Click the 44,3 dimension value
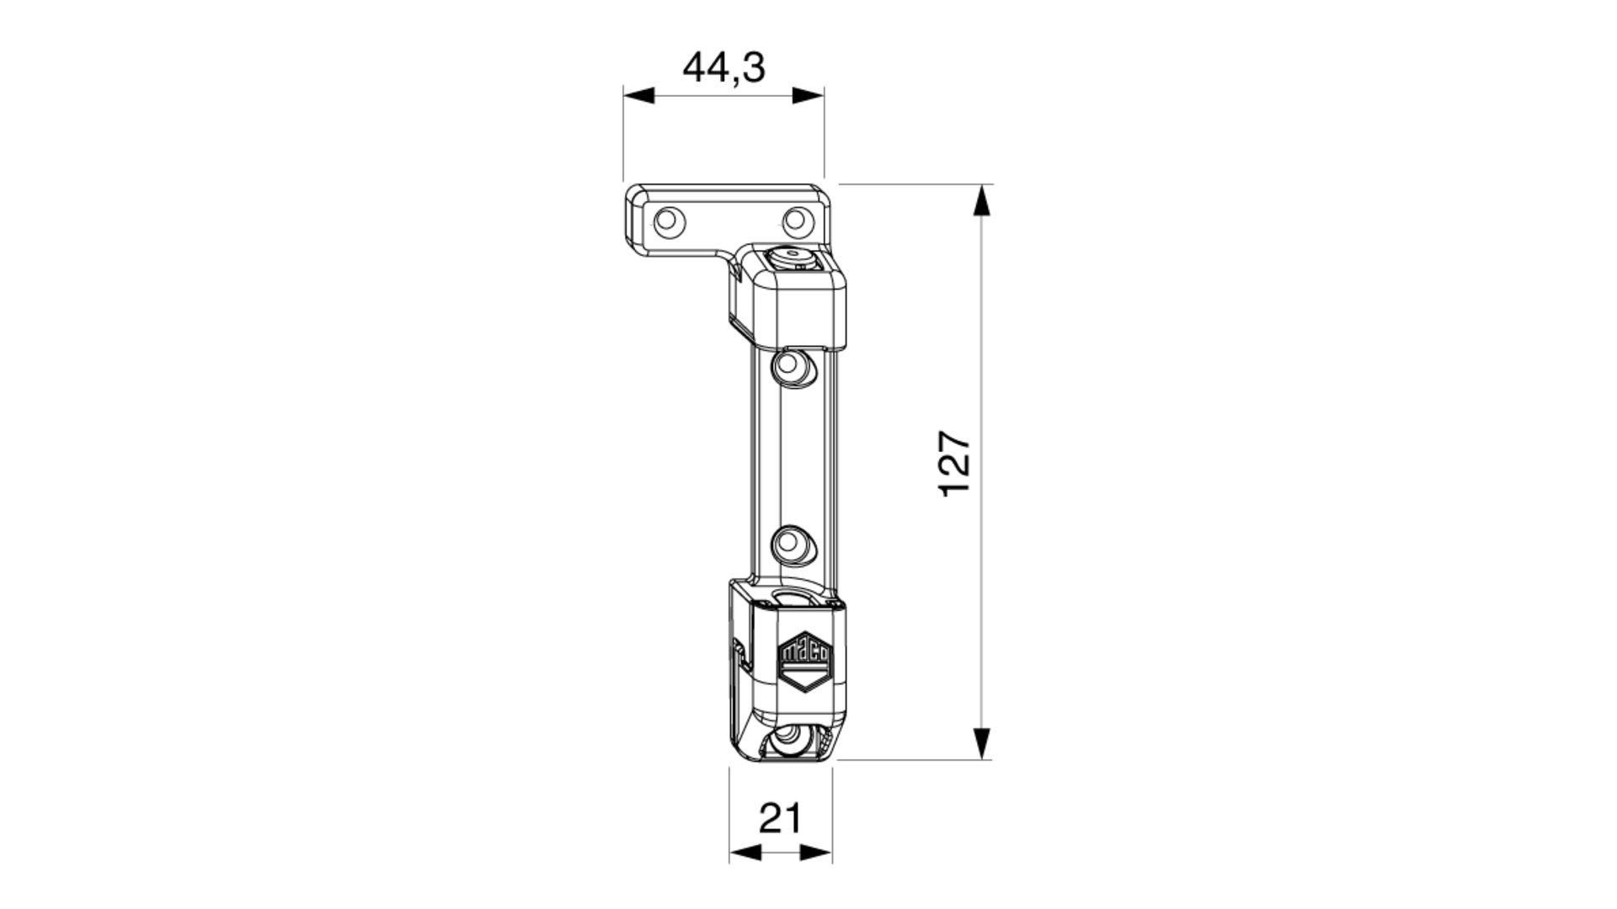pyautogui.click(x=723, y=67)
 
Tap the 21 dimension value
pyautogui.click(x=781, y=817)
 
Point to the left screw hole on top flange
pyautogui.click(x=670, y=222)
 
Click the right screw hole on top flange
pyautogui.click(x=797, y=222)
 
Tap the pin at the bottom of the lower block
pyautogui.click(x=788, y=742)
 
